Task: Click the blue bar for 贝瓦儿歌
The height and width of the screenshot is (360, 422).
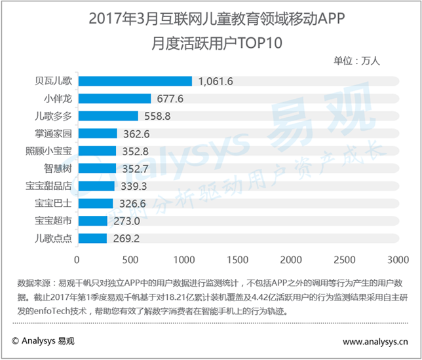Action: coord(135,81)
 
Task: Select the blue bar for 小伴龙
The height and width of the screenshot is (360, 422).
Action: coord(114,99)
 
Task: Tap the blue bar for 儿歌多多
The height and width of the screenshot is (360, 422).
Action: coord(107,116)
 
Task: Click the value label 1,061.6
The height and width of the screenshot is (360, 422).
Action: coord(216,81)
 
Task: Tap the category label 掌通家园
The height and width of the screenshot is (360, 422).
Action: coord(53,134)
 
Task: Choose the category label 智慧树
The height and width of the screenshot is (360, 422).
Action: coord(58,168)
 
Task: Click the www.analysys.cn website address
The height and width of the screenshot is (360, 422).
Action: coord(374,341)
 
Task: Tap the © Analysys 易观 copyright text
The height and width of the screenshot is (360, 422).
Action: coord(43,341)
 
